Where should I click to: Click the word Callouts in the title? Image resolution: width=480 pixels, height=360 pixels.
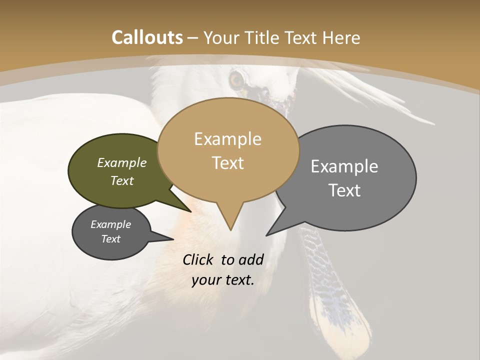[x=147, y=37]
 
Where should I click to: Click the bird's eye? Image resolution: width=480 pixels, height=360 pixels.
[x=236, y=79]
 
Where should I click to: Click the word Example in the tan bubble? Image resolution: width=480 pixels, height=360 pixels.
[x=227, y=139]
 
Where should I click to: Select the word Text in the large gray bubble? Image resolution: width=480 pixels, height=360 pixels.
[x=344, y=190]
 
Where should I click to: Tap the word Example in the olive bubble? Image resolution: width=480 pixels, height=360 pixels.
[x=122, y=162]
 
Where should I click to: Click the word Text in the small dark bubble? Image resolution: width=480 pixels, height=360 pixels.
[x=111, y=239]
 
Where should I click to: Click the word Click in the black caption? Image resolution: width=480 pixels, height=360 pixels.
[x=198, y=259]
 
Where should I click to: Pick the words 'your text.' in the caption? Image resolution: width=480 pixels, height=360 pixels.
[x=223, y=280]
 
